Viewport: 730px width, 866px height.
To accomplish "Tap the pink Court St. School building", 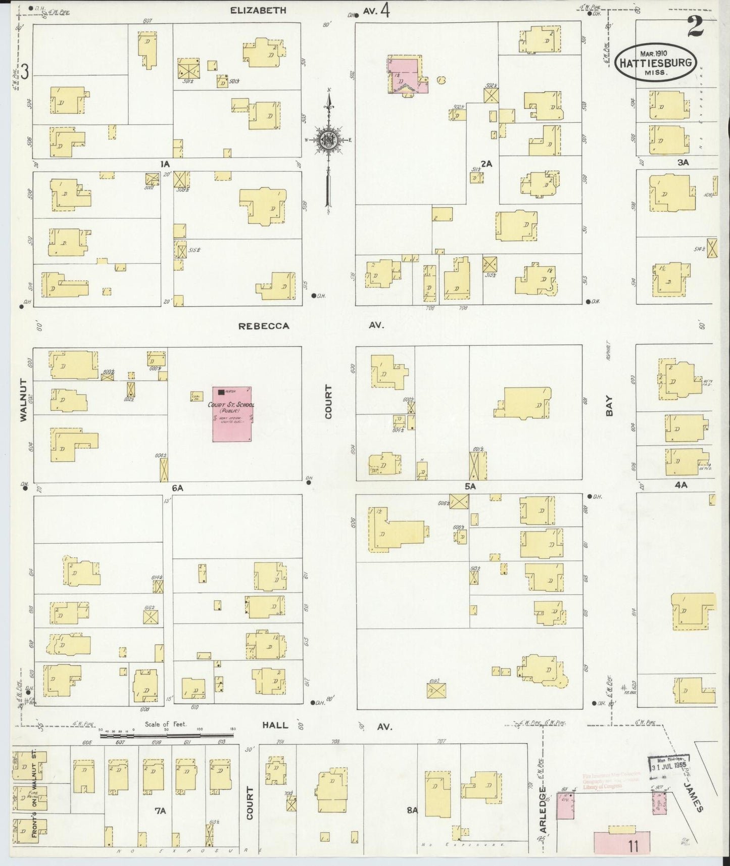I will (x=232, y=414).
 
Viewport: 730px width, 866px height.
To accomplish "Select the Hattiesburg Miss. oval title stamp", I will (x=656, y=62).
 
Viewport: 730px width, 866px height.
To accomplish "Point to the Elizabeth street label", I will (x=258, y=10).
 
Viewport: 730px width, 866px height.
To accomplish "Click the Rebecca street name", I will (x=264, y=326).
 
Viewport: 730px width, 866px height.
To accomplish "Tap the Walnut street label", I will (x=23, y=406).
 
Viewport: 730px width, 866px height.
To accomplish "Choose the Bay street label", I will (x=610, y=406).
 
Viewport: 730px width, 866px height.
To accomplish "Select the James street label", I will (x=693, y=797).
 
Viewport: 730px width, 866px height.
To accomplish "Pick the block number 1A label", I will (x=165, y=164).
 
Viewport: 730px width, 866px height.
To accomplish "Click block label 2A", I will (x=486, y=164).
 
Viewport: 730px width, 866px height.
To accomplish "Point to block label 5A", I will (x=470, y=487).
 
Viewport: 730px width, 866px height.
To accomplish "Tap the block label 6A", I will (x=177, y=488).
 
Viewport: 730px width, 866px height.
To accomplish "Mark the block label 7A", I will (x=160, y=811).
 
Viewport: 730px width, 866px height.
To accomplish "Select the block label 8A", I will (x=413, y=810).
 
